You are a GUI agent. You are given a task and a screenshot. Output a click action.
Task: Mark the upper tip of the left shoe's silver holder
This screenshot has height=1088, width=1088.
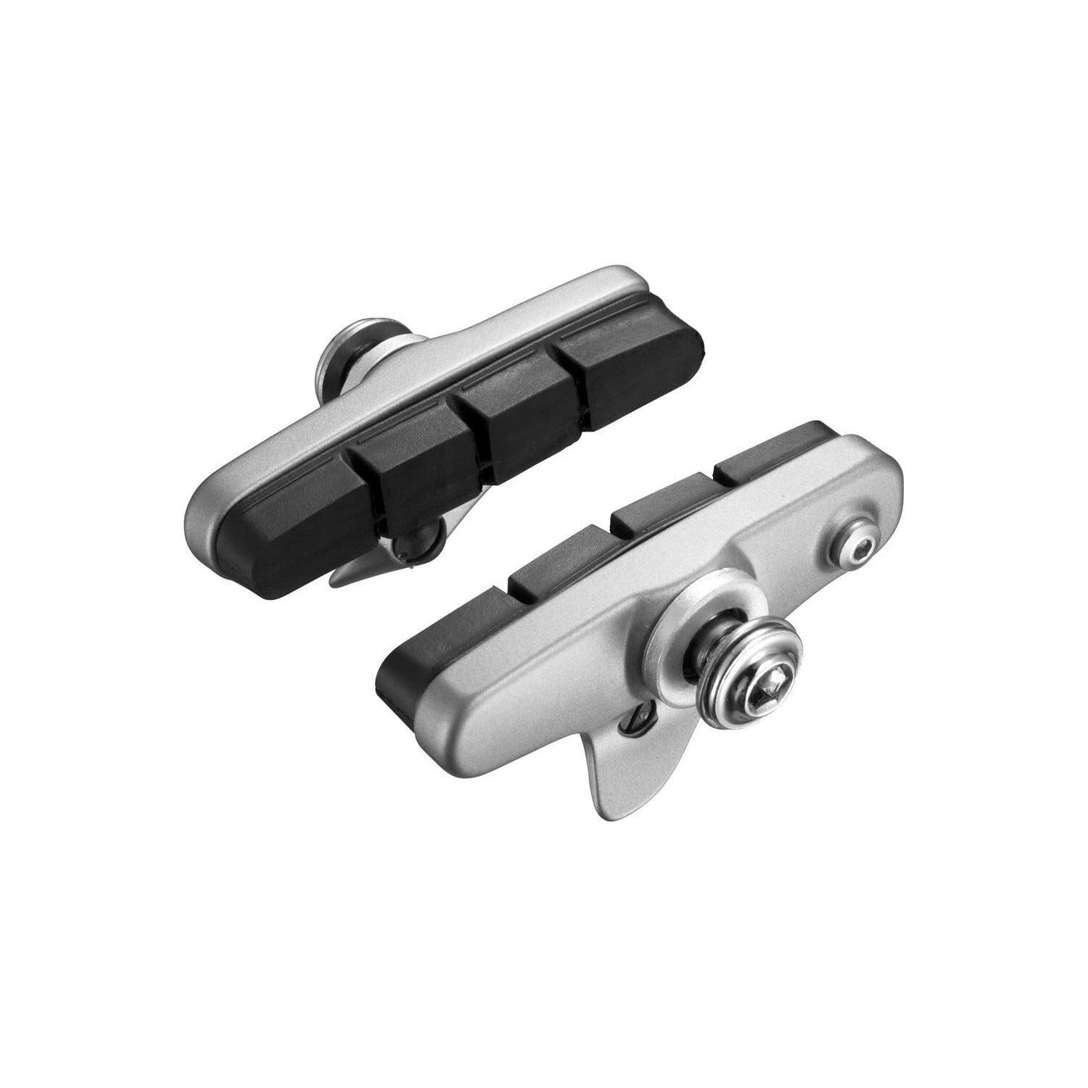coord(631,279)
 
